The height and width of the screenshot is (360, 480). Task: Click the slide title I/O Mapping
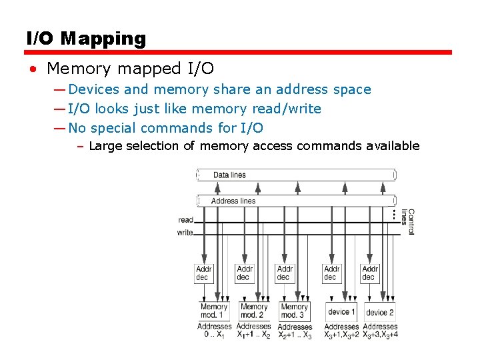(86, 39)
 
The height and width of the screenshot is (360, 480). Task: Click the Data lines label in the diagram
(229, 175)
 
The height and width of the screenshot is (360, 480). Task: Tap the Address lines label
(233, 201)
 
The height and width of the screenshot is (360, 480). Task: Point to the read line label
(185, 220)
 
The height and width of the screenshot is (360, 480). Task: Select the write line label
(185, 233)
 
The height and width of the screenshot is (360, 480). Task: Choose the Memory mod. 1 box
(214, 311)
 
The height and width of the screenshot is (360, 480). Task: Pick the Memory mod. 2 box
(253, 311)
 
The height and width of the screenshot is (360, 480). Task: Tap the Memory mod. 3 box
(294, 311)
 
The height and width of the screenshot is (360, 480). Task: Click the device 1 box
(341, 311)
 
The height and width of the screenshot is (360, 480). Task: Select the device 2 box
(380, 312)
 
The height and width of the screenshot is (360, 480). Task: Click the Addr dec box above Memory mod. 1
(203, 273)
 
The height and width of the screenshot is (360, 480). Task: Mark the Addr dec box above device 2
(370, 273)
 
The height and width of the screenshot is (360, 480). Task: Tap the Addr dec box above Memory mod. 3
(285, 273)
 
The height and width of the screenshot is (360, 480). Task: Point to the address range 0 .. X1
(214, 335)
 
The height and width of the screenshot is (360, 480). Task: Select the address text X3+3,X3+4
(381, 335)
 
